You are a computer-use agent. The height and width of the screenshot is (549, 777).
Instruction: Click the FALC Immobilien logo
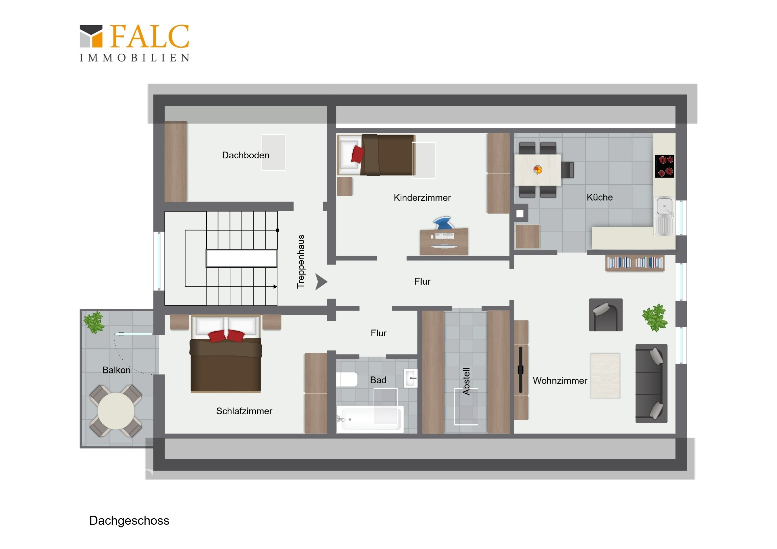[135, 43]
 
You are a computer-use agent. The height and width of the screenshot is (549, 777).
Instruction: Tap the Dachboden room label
[246, 155]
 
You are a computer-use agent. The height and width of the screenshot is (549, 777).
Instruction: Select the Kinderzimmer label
[422, 198]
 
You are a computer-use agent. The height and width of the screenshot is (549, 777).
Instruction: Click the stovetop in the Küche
[664, 166]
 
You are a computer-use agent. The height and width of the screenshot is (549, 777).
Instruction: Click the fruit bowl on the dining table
[538, 169]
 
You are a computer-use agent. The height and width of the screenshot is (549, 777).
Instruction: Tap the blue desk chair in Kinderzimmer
[443, 224]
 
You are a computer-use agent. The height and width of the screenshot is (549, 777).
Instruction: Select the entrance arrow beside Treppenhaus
[321, 282]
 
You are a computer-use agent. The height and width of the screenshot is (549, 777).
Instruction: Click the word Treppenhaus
[301, 261]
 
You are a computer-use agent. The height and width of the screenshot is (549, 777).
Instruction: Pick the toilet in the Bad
[347, 380]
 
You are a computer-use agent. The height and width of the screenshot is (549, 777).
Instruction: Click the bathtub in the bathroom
[370, 419]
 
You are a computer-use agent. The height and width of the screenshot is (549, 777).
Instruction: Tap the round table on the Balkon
[116, 411]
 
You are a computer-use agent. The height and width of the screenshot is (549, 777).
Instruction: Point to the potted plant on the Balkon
[94, 322]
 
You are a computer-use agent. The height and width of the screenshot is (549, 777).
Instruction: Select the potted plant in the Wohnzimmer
[655, 318]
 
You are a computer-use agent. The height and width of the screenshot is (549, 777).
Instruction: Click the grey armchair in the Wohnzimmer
[605, 315]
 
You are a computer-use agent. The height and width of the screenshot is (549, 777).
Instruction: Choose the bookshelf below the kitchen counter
[634, 263]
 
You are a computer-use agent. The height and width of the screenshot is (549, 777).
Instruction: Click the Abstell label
[466, 381]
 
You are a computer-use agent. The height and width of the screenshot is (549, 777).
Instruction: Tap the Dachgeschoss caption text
[129, 521]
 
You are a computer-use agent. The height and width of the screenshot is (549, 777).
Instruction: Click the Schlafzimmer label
[244, 411]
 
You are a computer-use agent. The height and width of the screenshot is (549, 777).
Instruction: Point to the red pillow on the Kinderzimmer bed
[357, 154]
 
